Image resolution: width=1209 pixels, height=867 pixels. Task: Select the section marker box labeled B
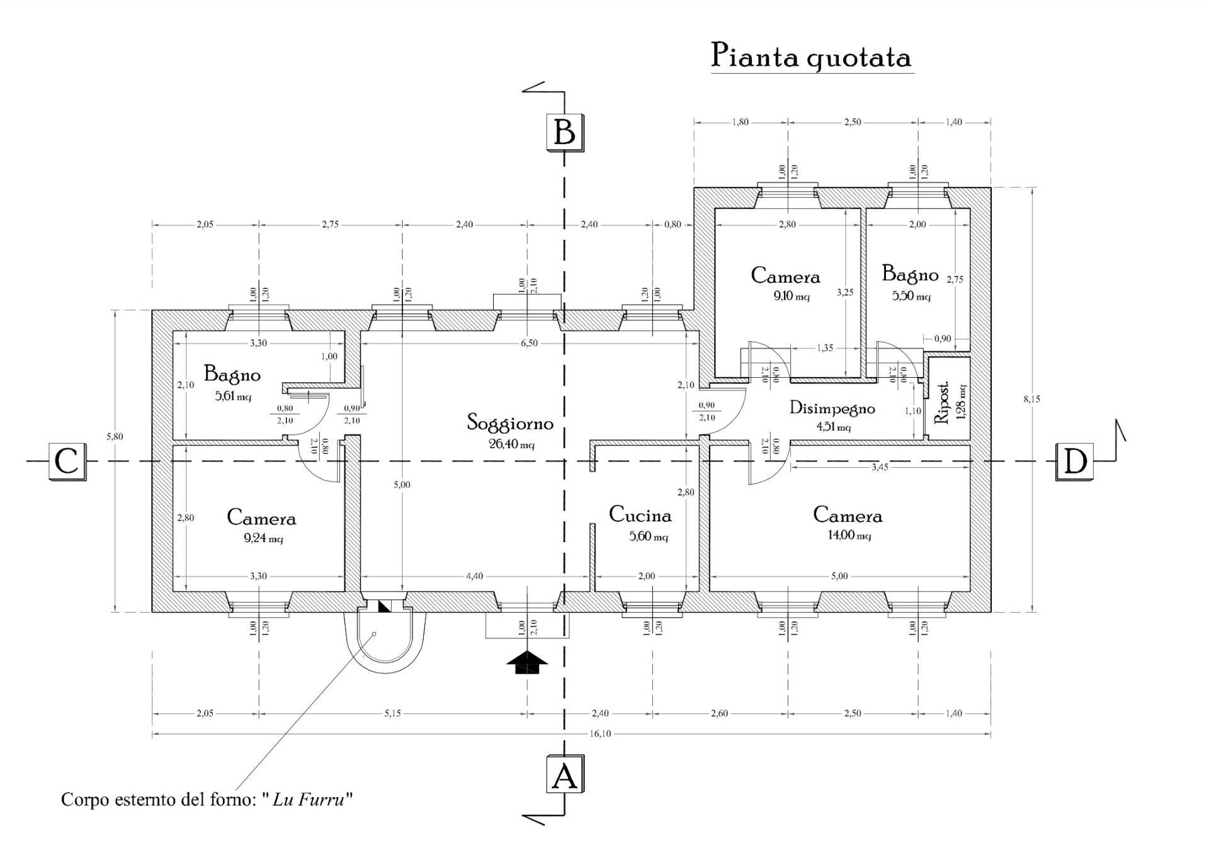(564, 133)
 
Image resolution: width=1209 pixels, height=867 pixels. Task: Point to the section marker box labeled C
(66, 462)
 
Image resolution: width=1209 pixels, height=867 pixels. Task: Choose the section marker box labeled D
(1074, 462)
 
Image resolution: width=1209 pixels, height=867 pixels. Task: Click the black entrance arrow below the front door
(527, 662)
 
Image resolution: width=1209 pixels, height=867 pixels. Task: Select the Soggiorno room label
(510, 423)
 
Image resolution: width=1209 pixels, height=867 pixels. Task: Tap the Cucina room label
(640, 516)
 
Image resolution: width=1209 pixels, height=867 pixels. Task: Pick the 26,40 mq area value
(512, 445)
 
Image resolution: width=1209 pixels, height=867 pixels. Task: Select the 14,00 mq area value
(849, 536)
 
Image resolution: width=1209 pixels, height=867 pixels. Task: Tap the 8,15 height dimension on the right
(1031, 399)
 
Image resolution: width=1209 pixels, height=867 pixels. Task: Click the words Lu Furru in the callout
(309, 800)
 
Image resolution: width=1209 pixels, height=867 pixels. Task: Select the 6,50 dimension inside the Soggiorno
(530, 343)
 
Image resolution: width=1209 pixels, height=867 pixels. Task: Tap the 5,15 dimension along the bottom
(392, 713)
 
